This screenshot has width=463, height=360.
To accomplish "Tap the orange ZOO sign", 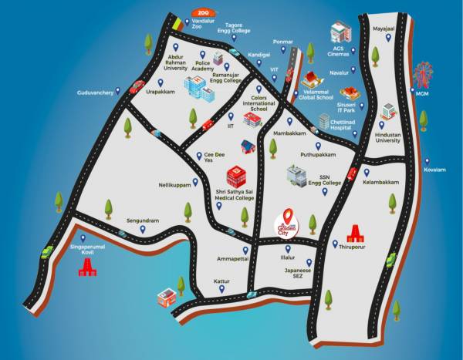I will [203, 13].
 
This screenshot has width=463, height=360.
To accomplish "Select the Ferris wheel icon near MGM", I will [421, 74].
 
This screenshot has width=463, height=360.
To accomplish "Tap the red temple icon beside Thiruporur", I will [355, 234].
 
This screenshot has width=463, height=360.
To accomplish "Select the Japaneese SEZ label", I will [298, 273].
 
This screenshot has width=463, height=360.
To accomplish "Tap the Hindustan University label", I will [388, 137].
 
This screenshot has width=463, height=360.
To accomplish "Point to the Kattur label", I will [221, 282].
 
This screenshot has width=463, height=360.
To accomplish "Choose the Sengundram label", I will [143, 220].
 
